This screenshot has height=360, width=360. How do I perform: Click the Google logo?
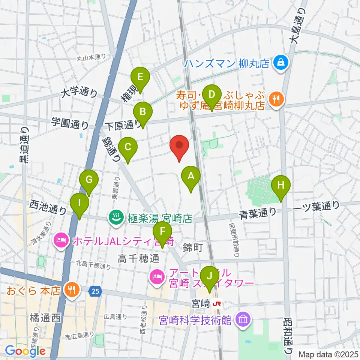click(x=25, y=351)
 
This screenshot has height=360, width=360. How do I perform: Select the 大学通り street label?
click(x=79, y=92)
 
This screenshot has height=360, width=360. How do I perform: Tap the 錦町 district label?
click(x=193, y=247)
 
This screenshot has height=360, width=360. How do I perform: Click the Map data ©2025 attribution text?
click(x=328, y=354)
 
